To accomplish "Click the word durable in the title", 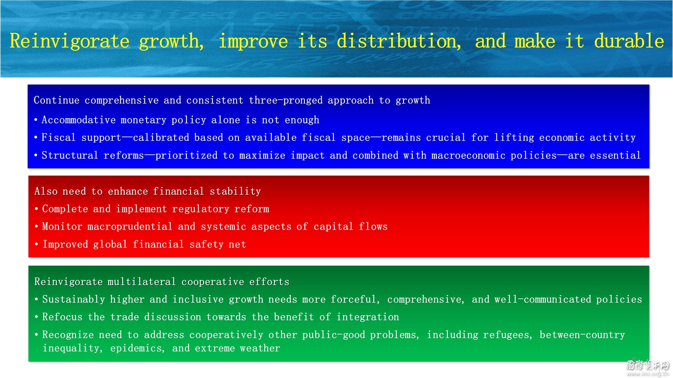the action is click(629, 41).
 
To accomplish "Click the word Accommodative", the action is click(79, 120).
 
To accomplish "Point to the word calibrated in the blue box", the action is click(161, 138).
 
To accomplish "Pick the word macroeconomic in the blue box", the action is click(468, 155).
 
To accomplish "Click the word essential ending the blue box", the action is click(615, 155).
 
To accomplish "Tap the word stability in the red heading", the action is click(235, 191).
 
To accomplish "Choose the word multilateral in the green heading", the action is click(141, 282).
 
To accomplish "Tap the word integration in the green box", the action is click(368, 317).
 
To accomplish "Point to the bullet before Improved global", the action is click(37, 244).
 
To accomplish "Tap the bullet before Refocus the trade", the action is click(37, 317).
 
